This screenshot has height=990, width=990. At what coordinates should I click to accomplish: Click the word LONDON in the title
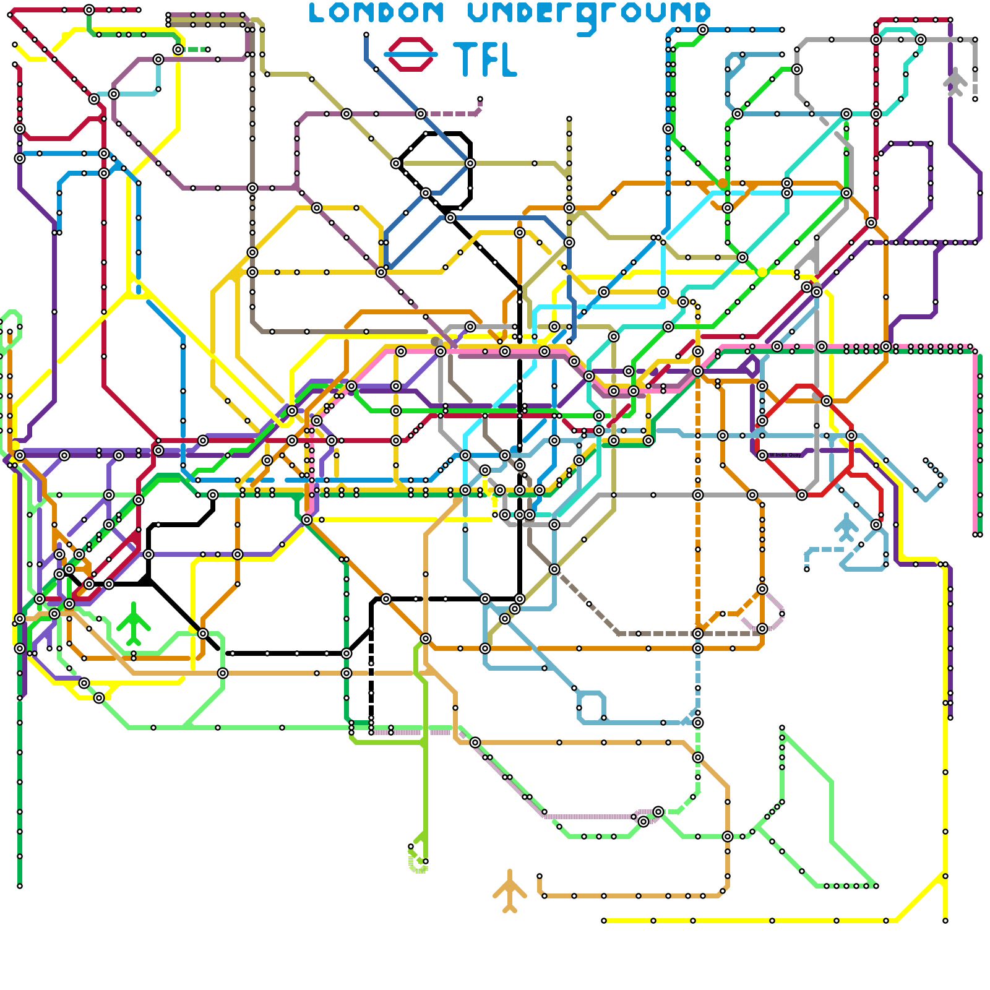click(x=376, y=13)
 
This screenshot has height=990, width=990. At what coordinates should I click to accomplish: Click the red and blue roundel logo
click(x=410, y=54)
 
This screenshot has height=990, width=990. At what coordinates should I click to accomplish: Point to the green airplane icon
click(x=133, y=622)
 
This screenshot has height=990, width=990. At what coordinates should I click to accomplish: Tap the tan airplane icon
click(x=509, y=891)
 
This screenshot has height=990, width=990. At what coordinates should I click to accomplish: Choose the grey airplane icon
click(x=955, y=81)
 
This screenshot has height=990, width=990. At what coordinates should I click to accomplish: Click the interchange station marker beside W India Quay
click(x=762, y=455)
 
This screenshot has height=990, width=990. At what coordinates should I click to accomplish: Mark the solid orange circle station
click(x=722, y=183)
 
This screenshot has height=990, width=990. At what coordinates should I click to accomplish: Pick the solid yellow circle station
click(x=762, y=272)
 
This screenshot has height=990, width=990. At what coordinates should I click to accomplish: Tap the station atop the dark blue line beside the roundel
click(x=366, y=35)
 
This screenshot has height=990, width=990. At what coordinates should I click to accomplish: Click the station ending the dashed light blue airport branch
click(x=807, y=569)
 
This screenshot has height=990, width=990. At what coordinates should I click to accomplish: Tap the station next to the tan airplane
click(x=540, y=876)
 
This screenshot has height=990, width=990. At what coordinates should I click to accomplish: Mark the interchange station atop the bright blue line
click(x=703, y=30)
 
